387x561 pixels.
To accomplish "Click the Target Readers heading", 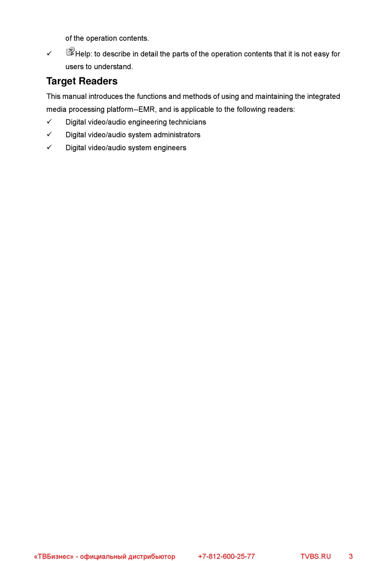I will pos(82,81).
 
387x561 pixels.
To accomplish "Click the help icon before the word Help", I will pos(70,51).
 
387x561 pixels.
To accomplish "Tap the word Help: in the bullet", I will pos(84,54).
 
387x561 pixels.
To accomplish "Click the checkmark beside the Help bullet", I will pos(49,53).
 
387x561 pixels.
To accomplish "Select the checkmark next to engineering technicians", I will pos(49,121).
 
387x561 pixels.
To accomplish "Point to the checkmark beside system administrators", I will pos(49,134).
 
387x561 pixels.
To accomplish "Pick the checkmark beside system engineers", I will pos(49,147).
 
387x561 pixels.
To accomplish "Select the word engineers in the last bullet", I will pos(170,148).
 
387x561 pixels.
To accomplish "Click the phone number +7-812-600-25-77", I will pos(226,557).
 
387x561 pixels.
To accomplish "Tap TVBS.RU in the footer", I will pos(316,557).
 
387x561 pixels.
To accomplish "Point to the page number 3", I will pos(351,557).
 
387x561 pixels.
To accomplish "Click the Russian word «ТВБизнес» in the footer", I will pos(54,557).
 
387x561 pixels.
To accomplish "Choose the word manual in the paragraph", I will pos(75,96).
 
